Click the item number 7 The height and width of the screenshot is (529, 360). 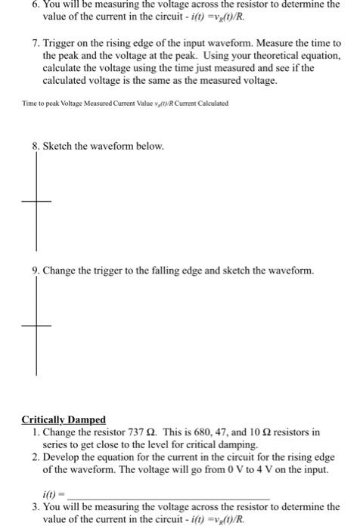point(25,44)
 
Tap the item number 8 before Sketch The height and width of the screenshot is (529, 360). point(25,145)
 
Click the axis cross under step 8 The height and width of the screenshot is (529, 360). point(36,201)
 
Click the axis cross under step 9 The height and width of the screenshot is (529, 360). point(36,326)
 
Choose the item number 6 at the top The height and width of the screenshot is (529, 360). point(25,5)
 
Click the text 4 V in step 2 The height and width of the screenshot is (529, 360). point(277,469)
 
